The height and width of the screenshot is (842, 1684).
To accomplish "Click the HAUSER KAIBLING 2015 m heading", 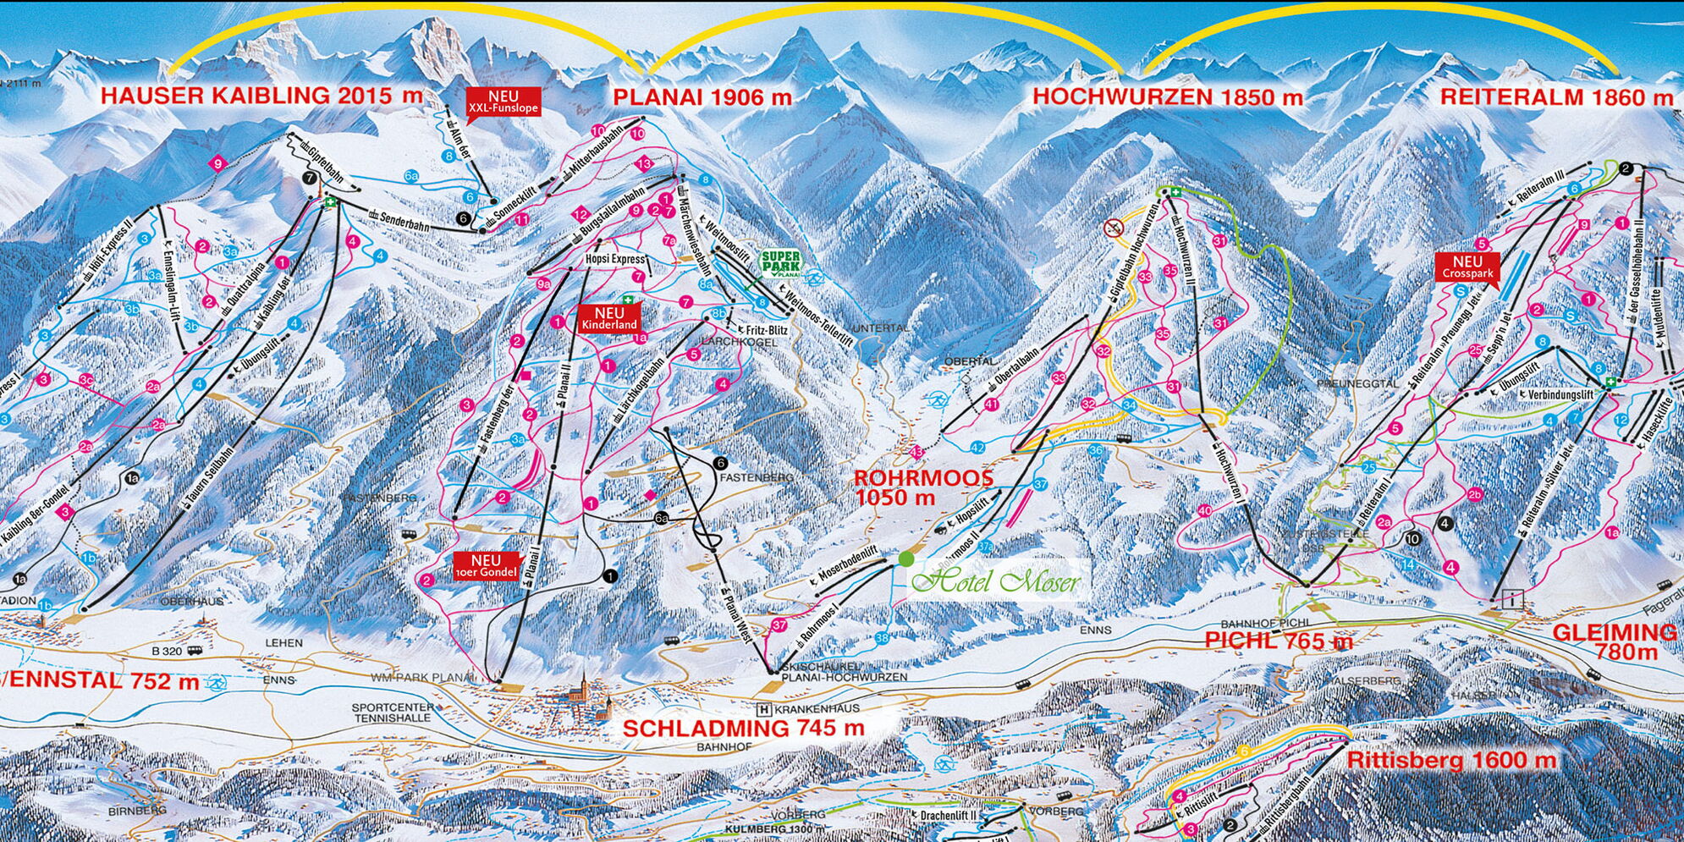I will coord(261,95).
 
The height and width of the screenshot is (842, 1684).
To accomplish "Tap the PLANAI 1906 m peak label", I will coord(702,97).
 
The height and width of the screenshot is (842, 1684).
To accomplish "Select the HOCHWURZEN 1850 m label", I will coord(1167,96).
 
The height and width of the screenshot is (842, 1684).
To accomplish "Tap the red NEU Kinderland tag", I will coord(608,319).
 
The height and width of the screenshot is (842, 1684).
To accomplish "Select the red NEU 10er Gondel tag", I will coord(486,565).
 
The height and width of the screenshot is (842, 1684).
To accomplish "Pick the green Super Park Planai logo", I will coord(779,264).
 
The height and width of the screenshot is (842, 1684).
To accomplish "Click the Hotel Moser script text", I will coord(998,582).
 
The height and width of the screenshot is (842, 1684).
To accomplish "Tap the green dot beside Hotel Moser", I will coord(906,559).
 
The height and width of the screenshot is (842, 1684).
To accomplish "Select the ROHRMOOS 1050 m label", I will coord(923,487).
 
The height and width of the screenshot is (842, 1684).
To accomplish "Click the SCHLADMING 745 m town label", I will coord(743,728).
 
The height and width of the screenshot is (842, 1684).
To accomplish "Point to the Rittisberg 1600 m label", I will coord(1450,760).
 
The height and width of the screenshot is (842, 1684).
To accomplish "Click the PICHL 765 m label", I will coord(1279,641).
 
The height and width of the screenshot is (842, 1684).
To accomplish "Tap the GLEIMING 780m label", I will coord(1614,641).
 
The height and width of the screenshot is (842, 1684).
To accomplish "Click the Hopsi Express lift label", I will coord(615,259).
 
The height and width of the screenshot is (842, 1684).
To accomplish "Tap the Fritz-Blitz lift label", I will coord(762,330).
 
